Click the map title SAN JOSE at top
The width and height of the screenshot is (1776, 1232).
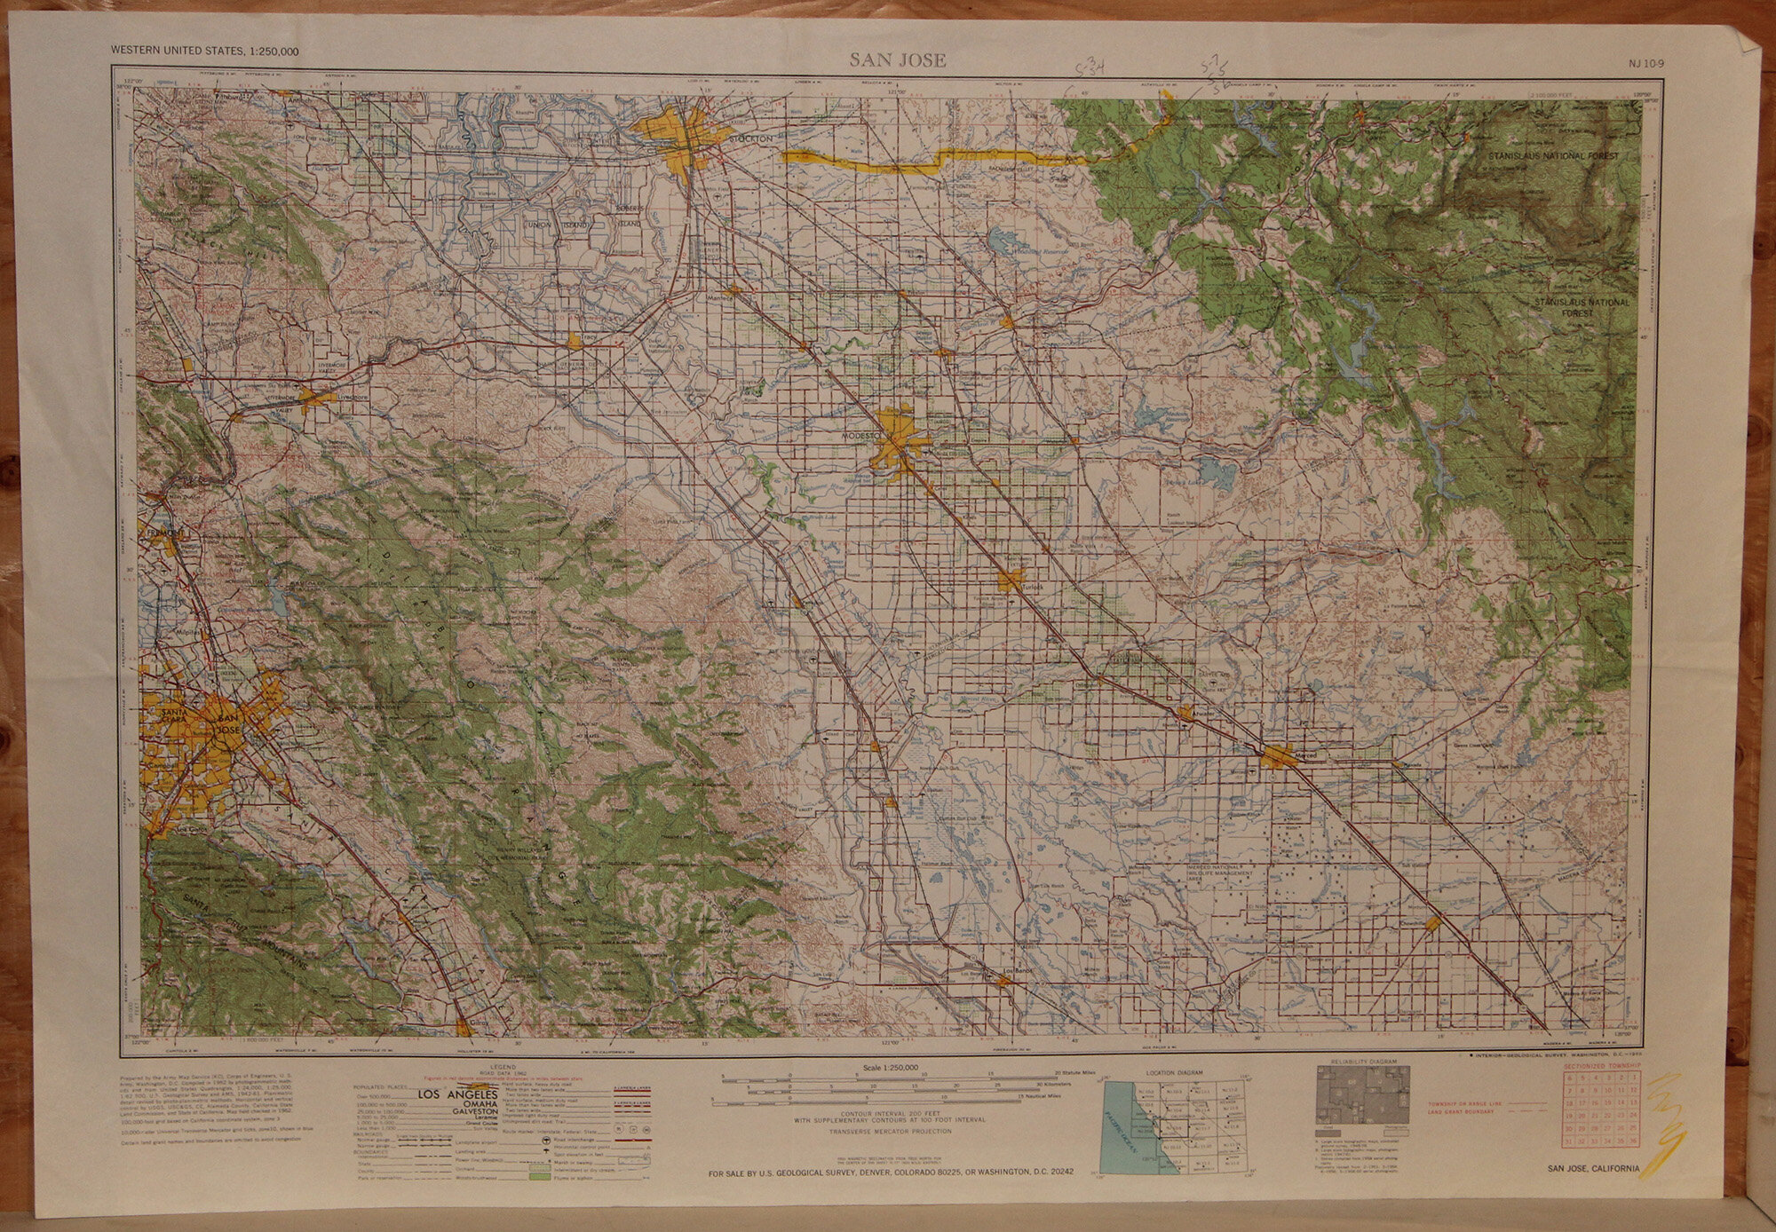pyautogui.click(x=897, y=60)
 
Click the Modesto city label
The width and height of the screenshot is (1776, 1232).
pyautogui.click(x=860, y=438)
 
